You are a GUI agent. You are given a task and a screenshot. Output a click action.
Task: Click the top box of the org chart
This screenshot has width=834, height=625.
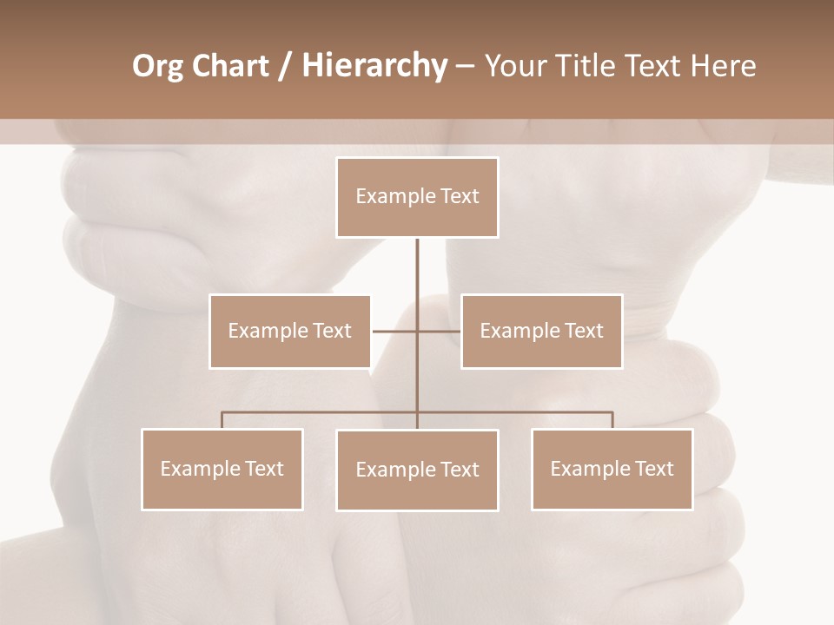click(x=417, y=197)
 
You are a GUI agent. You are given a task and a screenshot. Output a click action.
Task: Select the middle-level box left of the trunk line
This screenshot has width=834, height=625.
click(x=289, y=331)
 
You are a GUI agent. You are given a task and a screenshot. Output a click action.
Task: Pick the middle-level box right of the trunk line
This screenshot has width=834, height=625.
click(x=541, y=331)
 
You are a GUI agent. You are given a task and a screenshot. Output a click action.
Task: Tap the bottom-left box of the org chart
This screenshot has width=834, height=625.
click(x=222, y=469)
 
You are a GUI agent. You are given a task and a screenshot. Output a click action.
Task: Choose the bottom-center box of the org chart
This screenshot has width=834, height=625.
click(x=417, y=470)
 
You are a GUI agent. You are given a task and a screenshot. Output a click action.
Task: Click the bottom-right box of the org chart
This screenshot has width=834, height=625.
click(x=612, y=469)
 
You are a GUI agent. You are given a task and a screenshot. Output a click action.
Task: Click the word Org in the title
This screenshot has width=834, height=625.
click(x=157, y=66)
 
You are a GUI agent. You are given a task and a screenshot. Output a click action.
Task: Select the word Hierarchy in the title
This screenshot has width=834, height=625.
click(x=374, y=66)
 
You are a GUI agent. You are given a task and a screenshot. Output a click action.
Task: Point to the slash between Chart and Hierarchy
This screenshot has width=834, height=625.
click(x=285, y=66)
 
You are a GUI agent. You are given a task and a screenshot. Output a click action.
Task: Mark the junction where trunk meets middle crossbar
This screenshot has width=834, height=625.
click(x=417, y=331)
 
